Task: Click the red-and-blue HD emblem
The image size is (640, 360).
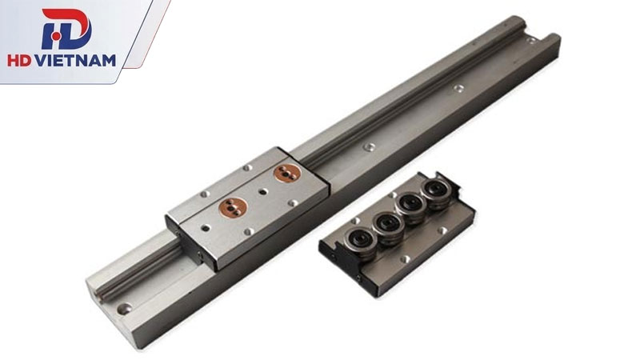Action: coord(66,29)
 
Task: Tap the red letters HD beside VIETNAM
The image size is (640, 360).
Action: coord(18,61)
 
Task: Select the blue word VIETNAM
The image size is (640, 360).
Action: coord(74,61)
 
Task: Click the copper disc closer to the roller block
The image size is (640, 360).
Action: coord(287,174)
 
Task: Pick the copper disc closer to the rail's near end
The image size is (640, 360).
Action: coord(233,207)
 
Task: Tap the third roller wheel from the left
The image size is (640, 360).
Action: coord(411,206)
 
